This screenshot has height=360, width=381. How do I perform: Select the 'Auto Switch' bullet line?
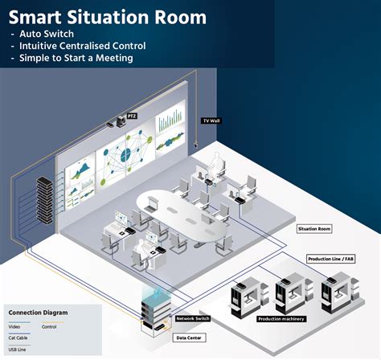[x=47, y=35]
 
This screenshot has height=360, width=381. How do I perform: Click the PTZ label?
[x=133, y=116]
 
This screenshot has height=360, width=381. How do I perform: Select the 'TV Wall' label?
[x=211, y=120]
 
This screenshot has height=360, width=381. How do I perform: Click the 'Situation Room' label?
[x=314, y=229]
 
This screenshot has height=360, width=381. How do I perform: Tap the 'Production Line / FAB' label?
[x=331, y=260]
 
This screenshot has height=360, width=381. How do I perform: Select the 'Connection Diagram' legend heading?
[x=38, y=313]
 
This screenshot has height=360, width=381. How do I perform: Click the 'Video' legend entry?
[x=15, y=327]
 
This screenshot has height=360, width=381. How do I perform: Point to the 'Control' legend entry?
[x=49, y=327]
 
